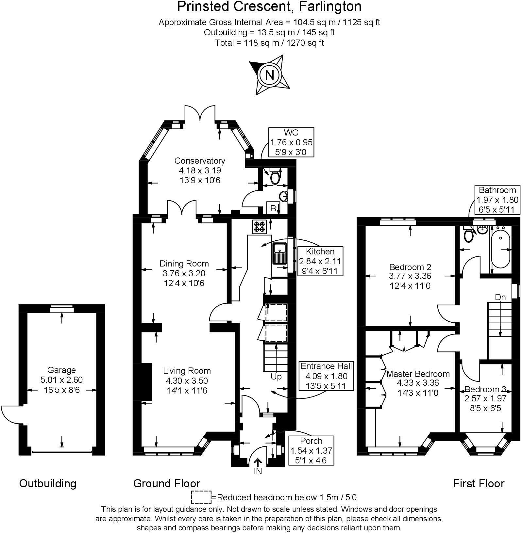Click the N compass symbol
(x=269, y=75)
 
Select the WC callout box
(x=291, y=142)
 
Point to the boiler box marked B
(x=273, y=208)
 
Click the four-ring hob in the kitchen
(x=260, y=227)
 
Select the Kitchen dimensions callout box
(x=320, y=261)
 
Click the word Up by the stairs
(x=276, y=377)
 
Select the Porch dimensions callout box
(x=311, y=450)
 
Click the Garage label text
(x=61, y=370)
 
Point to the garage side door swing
(x=10, y=414)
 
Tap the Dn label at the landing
(x=500, y=297)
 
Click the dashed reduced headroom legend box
(x=201, y=497)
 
